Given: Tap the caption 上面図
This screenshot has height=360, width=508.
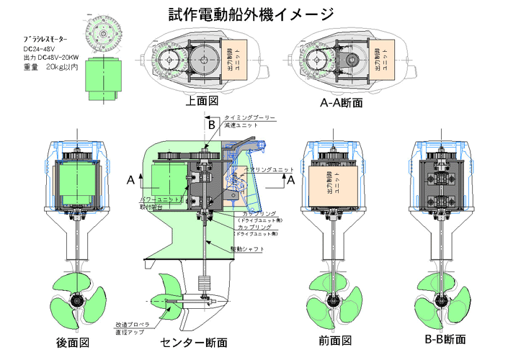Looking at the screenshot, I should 202,102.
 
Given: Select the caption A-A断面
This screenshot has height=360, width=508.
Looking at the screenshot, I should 341,103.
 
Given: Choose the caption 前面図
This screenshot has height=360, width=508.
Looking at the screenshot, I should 334,341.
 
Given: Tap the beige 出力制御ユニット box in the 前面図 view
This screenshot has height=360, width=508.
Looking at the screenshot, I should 334,183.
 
